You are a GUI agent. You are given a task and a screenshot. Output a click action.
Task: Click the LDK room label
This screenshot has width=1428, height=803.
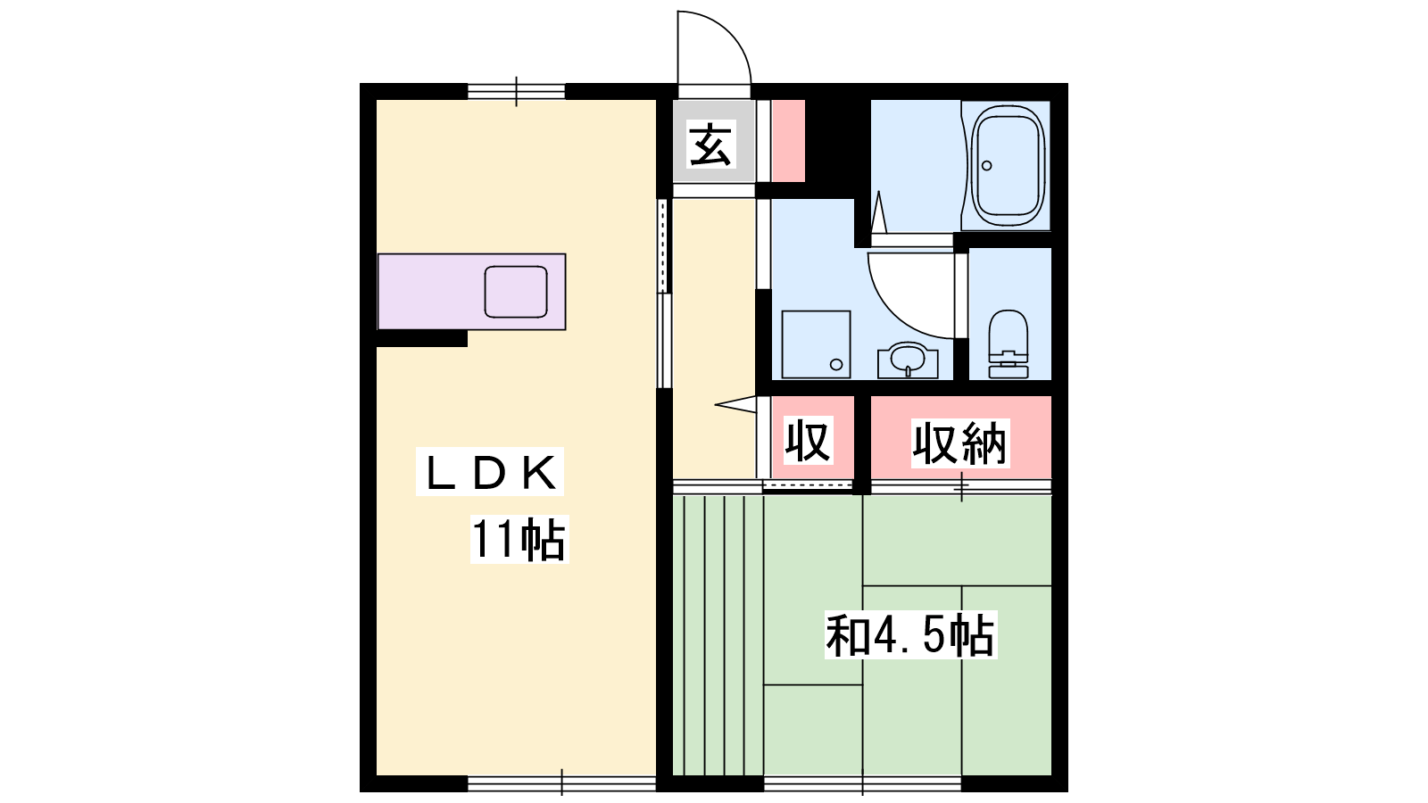click(490, 472)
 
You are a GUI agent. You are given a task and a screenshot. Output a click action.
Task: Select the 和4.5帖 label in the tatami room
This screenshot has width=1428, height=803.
click(910, 634)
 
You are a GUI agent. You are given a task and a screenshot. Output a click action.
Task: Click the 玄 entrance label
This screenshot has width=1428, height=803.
click(710, 144)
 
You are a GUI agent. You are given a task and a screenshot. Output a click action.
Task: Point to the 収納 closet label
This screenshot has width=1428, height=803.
click(959, 443)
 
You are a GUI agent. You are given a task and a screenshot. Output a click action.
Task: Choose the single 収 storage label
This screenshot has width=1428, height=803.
click(809, 440)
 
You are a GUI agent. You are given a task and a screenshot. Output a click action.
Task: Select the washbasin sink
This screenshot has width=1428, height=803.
click(908, 360)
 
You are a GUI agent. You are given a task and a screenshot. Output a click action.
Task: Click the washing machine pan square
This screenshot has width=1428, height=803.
click(816, 344)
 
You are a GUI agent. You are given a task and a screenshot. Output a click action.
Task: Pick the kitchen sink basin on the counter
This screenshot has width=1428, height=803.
click(516, 292)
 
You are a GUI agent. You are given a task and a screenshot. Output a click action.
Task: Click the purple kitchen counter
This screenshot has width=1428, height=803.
click(472, 292)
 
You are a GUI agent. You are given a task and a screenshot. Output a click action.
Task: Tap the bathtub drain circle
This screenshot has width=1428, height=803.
click(987, 166)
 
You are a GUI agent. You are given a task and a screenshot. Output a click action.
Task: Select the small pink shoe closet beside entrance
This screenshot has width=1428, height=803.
click(789, 141)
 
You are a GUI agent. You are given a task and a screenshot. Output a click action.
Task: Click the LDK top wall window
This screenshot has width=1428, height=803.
click(517, 92)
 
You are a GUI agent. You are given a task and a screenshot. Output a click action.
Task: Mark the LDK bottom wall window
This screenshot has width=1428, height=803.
click(561, 783)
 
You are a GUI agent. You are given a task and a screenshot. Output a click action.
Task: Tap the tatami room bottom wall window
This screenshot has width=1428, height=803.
click(862, 783)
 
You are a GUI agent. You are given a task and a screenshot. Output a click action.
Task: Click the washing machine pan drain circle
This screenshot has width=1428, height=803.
click(836, 365)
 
